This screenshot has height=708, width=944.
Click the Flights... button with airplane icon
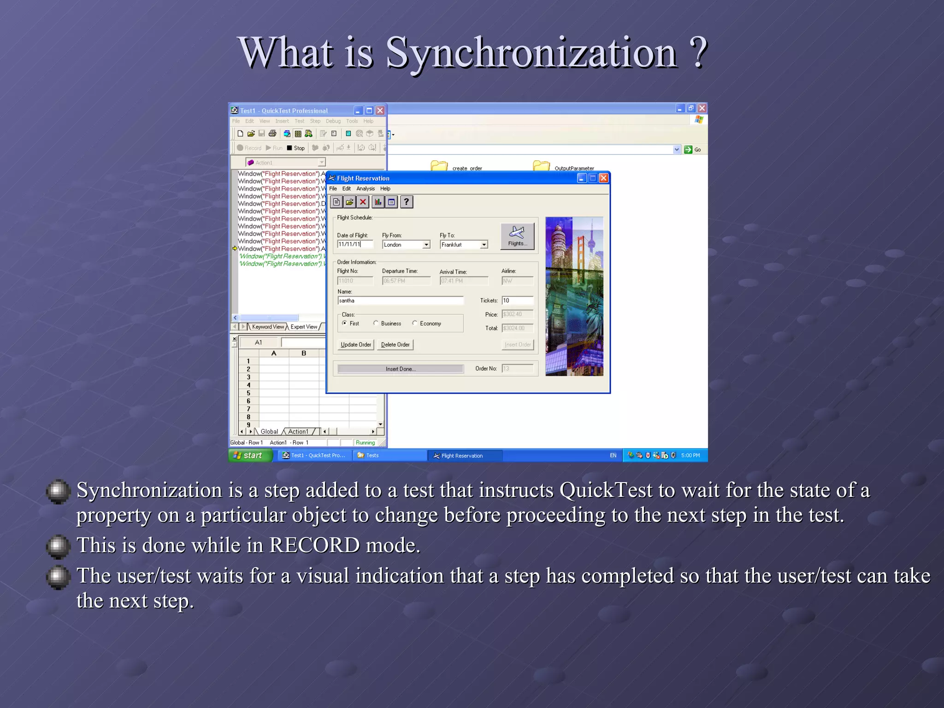click(517, 236)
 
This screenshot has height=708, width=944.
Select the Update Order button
click(355, 345)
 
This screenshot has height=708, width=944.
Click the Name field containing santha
click(400, 301)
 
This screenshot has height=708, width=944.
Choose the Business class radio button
click(376, 323)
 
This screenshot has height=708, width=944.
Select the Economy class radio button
click(415, 323)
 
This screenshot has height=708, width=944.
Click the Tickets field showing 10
click(517, 301)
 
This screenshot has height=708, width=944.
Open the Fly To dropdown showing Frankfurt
click(484, 245)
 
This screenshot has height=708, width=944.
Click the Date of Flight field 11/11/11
click(354, 244)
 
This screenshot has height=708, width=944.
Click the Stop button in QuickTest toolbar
click(295, 148)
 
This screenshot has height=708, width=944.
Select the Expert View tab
click(304, 327)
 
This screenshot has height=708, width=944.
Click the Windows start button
click(249, 455)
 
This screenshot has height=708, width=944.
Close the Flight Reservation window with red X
click(603, 178)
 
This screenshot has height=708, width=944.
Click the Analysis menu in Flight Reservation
click(365, 189)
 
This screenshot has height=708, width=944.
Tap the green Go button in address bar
click(689, 149)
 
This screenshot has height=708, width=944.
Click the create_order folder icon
click(439, 166)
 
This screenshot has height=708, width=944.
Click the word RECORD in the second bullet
click(314, 545)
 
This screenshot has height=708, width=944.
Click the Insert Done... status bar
click(400, 369)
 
